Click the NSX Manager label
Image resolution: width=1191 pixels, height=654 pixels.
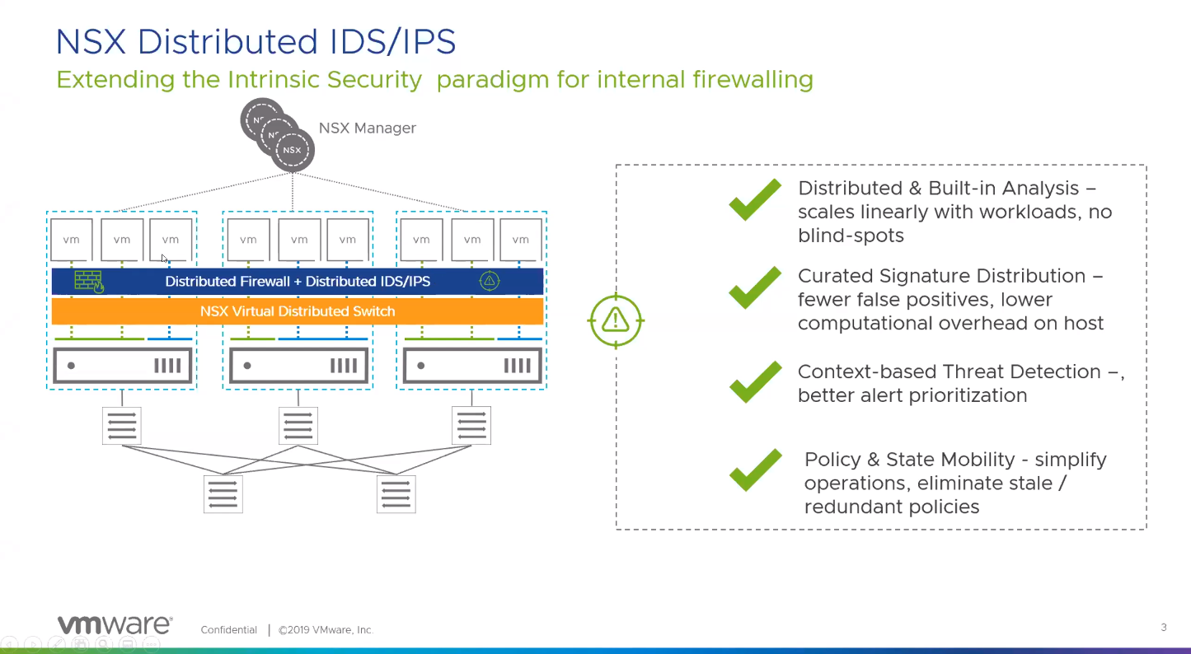tap(368, 128)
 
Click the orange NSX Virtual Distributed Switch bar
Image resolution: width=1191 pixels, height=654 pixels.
tap(298, 311)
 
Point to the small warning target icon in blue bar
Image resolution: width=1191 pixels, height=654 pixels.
tap(490, 281)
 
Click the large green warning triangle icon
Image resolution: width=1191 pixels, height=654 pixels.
tap(616, 320)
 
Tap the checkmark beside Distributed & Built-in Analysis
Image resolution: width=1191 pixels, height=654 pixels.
tap(755, 200)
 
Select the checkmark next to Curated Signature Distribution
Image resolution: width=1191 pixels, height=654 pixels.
tap(755, 287)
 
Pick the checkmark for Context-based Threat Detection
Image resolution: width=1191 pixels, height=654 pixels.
tap(755, 382)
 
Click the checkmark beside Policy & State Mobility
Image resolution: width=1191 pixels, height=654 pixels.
tap(755, 470)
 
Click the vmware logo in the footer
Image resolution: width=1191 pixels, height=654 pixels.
tap(115, 625)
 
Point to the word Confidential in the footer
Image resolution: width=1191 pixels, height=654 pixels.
tap(229, 630)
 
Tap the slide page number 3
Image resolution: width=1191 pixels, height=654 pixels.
tap(1164, 628)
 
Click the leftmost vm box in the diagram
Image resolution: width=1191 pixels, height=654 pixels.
tap(72, 240)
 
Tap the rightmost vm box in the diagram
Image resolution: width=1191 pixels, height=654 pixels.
tap(521, 240)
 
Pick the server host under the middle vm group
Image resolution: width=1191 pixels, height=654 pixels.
tap(298, 366)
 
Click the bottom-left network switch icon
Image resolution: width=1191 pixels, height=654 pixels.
tap(223, 494)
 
